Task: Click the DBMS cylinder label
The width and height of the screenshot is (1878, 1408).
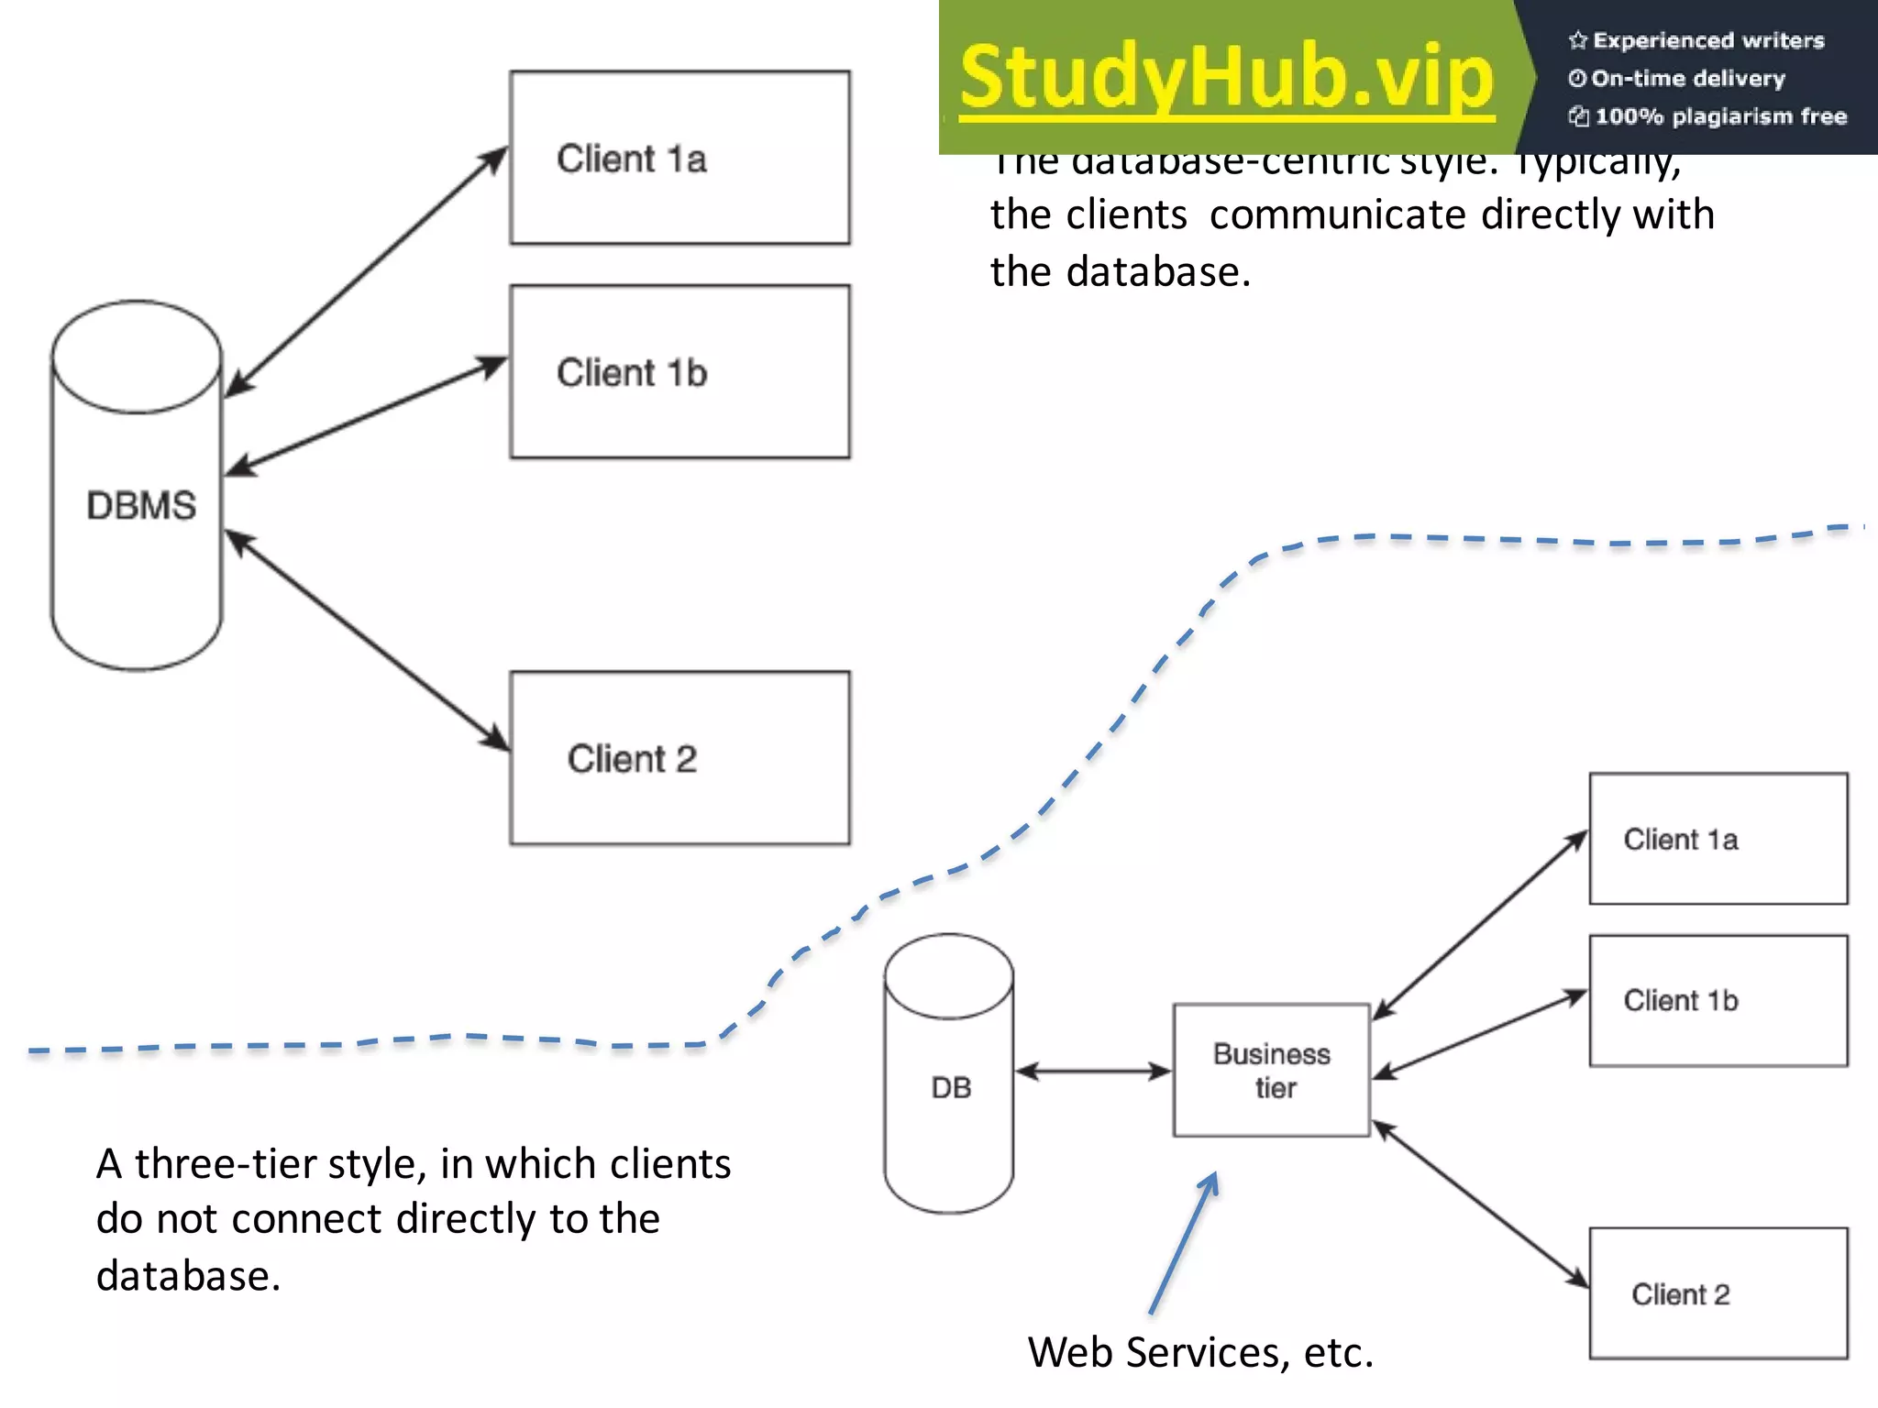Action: coord(141,506)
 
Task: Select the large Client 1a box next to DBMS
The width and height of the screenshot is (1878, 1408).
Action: coord(679,158)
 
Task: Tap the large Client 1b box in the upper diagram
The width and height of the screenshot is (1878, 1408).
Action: coord(679,372)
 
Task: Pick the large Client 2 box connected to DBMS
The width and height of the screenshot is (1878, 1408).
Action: coord(679,758)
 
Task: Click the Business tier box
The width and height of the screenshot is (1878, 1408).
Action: coord(1272,1071)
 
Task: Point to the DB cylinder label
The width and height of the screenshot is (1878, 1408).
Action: coord(951,1088)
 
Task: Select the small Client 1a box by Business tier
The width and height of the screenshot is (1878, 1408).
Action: coord(1718,839)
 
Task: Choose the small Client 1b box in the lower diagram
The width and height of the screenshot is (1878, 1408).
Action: coord(1718,1000)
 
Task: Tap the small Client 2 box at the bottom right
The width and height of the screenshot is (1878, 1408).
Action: coord(1718,1293)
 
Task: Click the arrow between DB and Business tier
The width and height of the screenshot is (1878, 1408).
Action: coord(1093,1071)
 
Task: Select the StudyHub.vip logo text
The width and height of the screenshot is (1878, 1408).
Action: coord(1227,77)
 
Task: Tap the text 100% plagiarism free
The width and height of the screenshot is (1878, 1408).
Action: coord(1720,116)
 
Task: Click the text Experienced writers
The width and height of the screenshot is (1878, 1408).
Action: coord(1708,40)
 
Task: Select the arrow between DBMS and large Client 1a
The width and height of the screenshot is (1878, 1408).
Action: coord(367,271)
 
